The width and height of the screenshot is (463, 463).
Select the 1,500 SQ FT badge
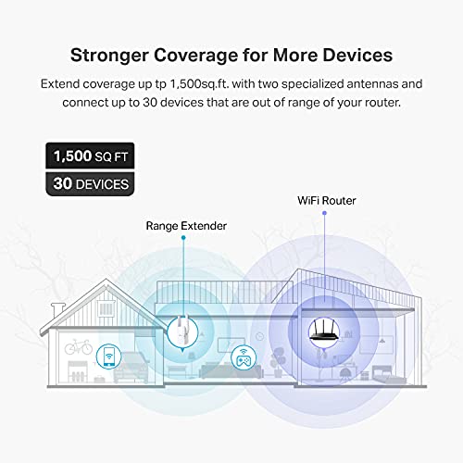click(x=90, y=156)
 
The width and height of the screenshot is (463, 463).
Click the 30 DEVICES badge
click(x=90, y=184)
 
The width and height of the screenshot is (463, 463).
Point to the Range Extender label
click(x=186, y=226)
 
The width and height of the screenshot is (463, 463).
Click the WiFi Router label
click(x=327, y=201)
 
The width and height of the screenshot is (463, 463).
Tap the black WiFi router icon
click(x=324, y=331)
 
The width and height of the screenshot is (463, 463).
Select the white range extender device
click(x=182, y=332)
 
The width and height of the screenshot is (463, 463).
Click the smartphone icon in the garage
click(x=108, y=357)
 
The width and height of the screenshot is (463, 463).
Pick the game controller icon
click(x=244, y=357)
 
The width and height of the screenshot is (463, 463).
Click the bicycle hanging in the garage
click(x=79, y=347)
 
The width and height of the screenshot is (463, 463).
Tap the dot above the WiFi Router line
click(x=324, y=213)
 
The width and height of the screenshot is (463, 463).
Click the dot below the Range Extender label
click(x=183, y=238)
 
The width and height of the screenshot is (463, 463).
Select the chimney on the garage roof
click(x=58, y=309)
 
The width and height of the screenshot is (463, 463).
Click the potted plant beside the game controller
click(x=277, y=362)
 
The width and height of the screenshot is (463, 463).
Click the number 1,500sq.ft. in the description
click(x=200, y=84)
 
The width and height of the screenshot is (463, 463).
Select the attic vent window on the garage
click(x=106, y=308)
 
